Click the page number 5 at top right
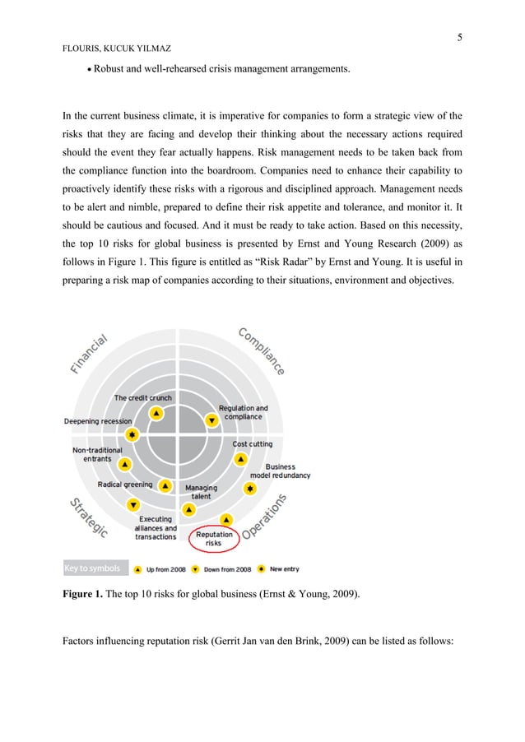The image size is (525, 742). (x=460, y=37)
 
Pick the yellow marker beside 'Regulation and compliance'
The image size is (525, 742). (x=211, y=420)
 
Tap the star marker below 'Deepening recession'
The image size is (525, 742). (x=132, y=434)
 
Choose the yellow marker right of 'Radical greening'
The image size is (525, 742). (x=165, y=485)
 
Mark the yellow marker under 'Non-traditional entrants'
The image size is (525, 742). (x=123, y=465)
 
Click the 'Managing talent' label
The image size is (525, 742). (x=201, y=492)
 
